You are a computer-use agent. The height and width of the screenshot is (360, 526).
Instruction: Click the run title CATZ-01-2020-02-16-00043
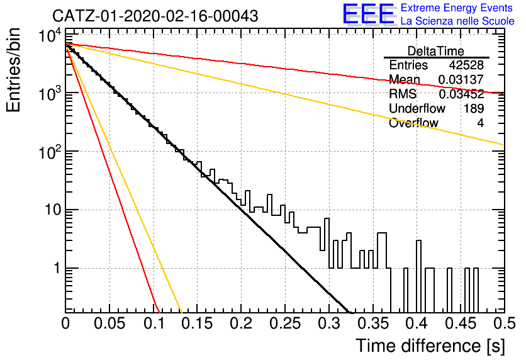[x=155, y=16]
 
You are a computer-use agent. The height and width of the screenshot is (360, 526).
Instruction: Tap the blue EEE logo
[x=368, y=14]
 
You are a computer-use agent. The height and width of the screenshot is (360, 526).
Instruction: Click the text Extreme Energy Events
[x=457, y=8]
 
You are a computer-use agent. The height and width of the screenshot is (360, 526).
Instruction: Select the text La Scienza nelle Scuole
[x=457, y=21]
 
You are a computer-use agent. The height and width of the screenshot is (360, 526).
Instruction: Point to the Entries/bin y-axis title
[x=14, y=70]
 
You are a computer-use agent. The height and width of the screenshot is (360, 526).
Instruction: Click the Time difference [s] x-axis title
[x=430, y=346]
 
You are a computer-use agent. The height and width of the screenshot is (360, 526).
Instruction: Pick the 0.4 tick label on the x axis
[x=418, y=323]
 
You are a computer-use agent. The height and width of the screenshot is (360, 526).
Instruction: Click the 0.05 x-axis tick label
[x=109, y=323]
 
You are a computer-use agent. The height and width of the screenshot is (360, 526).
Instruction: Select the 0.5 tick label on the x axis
[x=504, y=323]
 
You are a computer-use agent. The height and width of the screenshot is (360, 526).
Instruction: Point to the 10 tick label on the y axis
[x=53, y=210]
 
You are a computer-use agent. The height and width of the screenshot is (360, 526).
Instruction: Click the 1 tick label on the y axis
[x=57, y=268]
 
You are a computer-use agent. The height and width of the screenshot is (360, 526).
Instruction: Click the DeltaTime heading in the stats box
[x=436, y=51]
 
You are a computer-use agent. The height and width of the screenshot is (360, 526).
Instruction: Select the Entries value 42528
[x=466, y=65]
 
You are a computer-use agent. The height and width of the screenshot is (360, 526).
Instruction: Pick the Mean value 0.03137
[x=461, y=79]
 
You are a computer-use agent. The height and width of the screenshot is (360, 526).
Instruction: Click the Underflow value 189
[x=474, y=108]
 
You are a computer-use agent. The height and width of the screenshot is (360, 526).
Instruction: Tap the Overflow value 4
[x=480, y=123]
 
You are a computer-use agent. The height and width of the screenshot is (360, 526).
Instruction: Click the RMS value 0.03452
[x=461, y=94]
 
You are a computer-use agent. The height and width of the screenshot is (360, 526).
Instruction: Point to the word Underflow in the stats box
[x=417, y=108]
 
